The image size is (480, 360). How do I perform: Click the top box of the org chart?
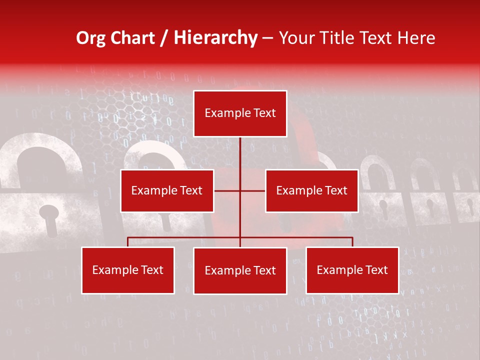(240, 113)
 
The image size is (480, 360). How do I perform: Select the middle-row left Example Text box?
(167, 190)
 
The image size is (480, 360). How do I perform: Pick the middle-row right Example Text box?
(311, 190)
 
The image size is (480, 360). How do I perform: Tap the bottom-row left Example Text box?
(128, 270)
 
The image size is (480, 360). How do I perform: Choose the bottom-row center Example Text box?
(240, 270)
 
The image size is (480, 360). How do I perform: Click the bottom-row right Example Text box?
(352, 270)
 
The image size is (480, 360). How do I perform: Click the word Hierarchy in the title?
(215, 38)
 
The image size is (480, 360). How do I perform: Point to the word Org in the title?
(91, 38)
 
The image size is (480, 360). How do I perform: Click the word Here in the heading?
(416, 38)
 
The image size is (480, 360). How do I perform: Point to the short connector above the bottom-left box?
(128, 242)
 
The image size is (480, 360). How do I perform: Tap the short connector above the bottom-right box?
(352, 242)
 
